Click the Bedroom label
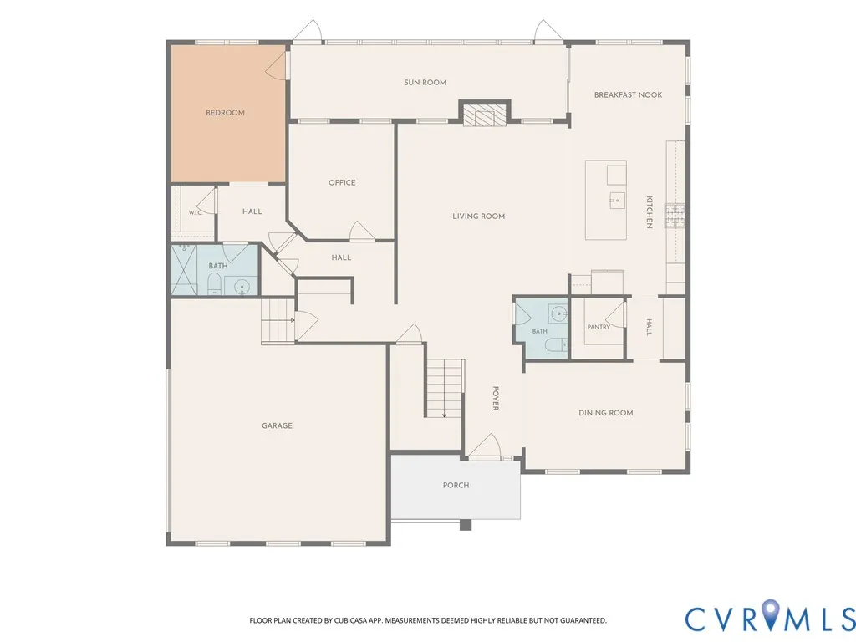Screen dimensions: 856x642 pyautogui.click(x=225, y=113)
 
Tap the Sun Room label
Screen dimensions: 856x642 pyautogui.click(x=425, y=83)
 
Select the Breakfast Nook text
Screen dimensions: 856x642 pyautogui.click(x=628, y=94)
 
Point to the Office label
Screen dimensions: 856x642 pyautogui.click(x=342, y=182)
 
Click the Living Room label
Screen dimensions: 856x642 pyautogui.click(x=478, y=217)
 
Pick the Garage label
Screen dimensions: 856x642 pyautogui.click(x=277, y=425)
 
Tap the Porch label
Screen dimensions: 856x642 pyautogui.click(x=456, y=485)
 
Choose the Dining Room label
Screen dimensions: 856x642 pyautogui.click(x=606, y=413)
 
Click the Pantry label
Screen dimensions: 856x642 pyautogui.click(x=599, y=327)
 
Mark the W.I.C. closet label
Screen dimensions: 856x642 pyautogui.click(x=196, y=212)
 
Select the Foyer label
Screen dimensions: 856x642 pyautogui.click(x=496, y=398)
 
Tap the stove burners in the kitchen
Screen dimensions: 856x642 pyautogui.click(x=675, y=215)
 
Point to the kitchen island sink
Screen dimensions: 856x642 pyautogui.click(x=617, y=201)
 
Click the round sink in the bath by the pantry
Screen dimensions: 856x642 pyautogui.click(x=558, y=314)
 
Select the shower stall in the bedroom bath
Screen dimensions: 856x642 pyautogui.click(x=184, y=270)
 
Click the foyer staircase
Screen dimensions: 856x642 pyautogui.click(x=445, y=389)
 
